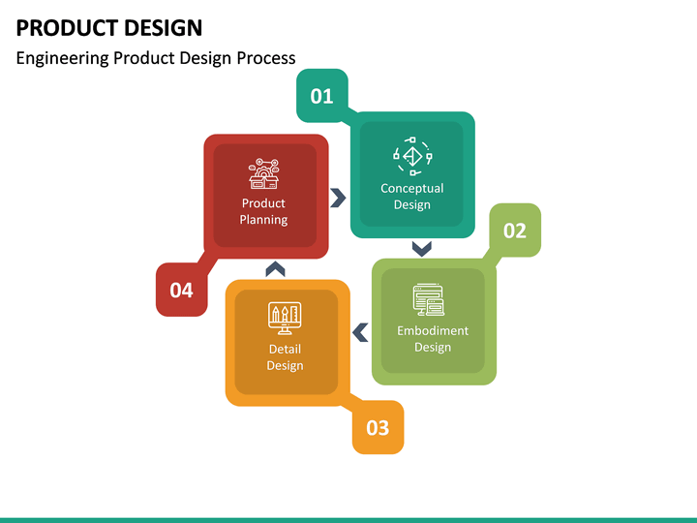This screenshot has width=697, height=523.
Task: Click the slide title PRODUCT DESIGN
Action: tap(109, 27)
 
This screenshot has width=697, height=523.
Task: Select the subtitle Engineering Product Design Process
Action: tap(156, 58)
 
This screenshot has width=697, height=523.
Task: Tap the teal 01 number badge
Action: tap(321, 96)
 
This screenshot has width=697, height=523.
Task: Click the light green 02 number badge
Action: tap(514, 231)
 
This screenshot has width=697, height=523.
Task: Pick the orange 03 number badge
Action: tap(378, 427)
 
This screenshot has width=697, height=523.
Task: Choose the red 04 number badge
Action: tap(181, 290)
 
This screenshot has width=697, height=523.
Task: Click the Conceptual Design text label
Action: tap(412, 197)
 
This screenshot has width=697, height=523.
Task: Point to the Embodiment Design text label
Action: tap(433, 339)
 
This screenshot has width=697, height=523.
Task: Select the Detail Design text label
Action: tap(285, 357)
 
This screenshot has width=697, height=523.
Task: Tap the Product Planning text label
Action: tap(263, 211)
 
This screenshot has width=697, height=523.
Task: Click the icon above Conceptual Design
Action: tap(412, 155)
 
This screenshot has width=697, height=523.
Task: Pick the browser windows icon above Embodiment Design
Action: tap(429, 300)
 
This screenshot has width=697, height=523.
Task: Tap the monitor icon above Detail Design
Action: tap(285, 316)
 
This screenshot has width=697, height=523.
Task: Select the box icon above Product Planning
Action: tap(263, 173)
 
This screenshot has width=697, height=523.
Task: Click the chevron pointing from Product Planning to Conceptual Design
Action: tap(338, 198)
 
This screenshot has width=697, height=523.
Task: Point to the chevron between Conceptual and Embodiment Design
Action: tap(421, 249)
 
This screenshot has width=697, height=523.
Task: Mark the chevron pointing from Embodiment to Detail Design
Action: tap(360, 333)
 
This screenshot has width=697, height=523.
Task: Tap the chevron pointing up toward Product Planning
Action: tap(275, 268)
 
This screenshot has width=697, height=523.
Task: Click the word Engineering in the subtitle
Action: tap(62, 58)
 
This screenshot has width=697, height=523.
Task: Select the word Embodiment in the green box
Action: tap(433, 330)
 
